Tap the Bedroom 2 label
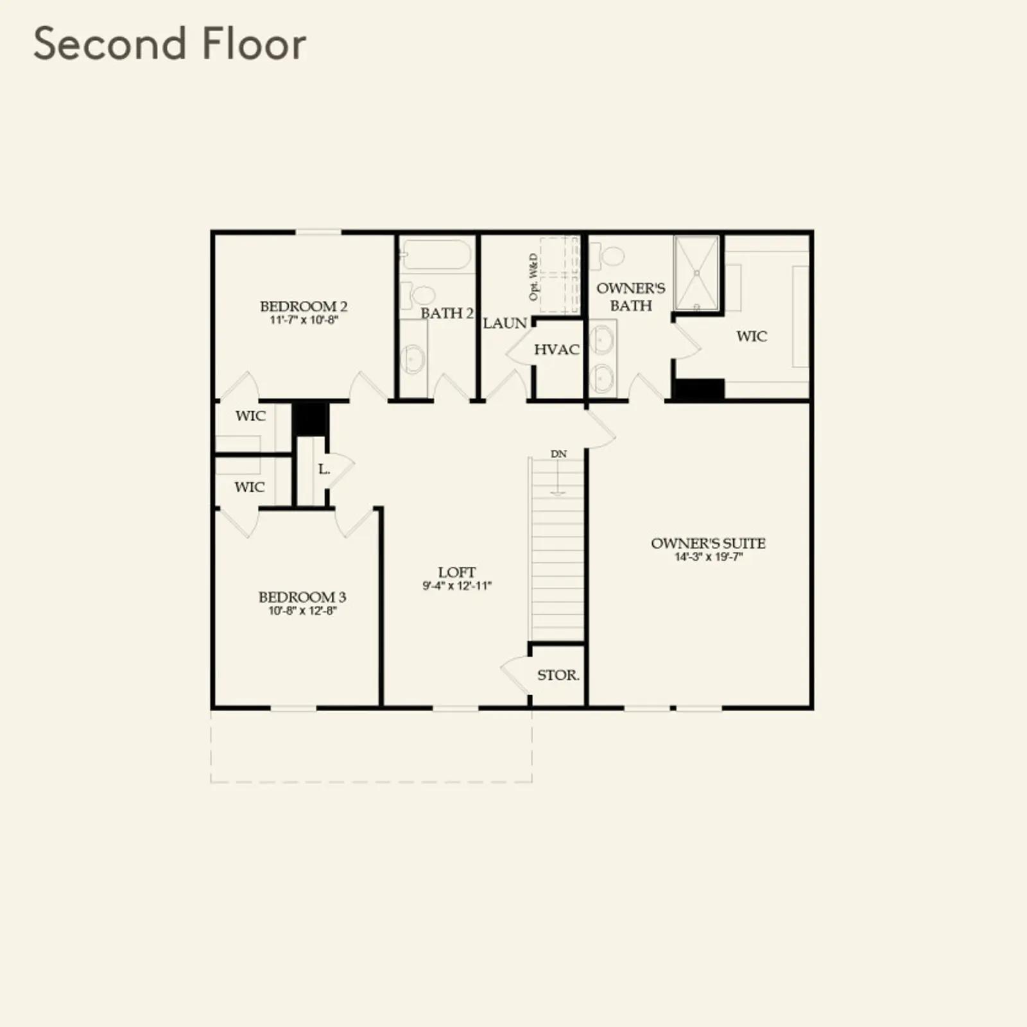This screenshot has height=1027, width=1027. click(x=304, y=306)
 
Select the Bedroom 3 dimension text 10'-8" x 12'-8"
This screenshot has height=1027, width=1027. click(x=302, y=610)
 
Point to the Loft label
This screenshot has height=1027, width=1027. click(x=457, y=572)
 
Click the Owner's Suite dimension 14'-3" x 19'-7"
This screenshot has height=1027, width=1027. click(x=709, y=557)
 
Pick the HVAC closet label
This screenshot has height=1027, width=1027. click(x=557, y=350)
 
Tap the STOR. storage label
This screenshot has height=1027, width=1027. click(x=558, y=675)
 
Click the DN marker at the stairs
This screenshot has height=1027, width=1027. click(x=558, y=454)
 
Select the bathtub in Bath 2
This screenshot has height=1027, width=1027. click(x=436, y=255)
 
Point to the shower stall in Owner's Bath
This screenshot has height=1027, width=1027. click(x=696, y=273)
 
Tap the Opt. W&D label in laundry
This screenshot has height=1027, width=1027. click(x=533, y=277)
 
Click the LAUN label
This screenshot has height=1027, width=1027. click(x=505, y=324)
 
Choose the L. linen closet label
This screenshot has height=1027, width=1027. click(x=324, y=469)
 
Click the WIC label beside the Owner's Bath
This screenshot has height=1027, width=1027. click(x=752, y=336)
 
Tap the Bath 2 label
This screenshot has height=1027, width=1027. click(x=447, y=313)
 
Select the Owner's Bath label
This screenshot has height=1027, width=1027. click(x=631, y=297)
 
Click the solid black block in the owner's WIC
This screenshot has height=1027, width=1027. click(x=698, y=390)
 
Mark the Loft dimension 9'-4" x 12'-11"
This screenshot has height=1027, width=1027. click(x=457, y=586)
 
